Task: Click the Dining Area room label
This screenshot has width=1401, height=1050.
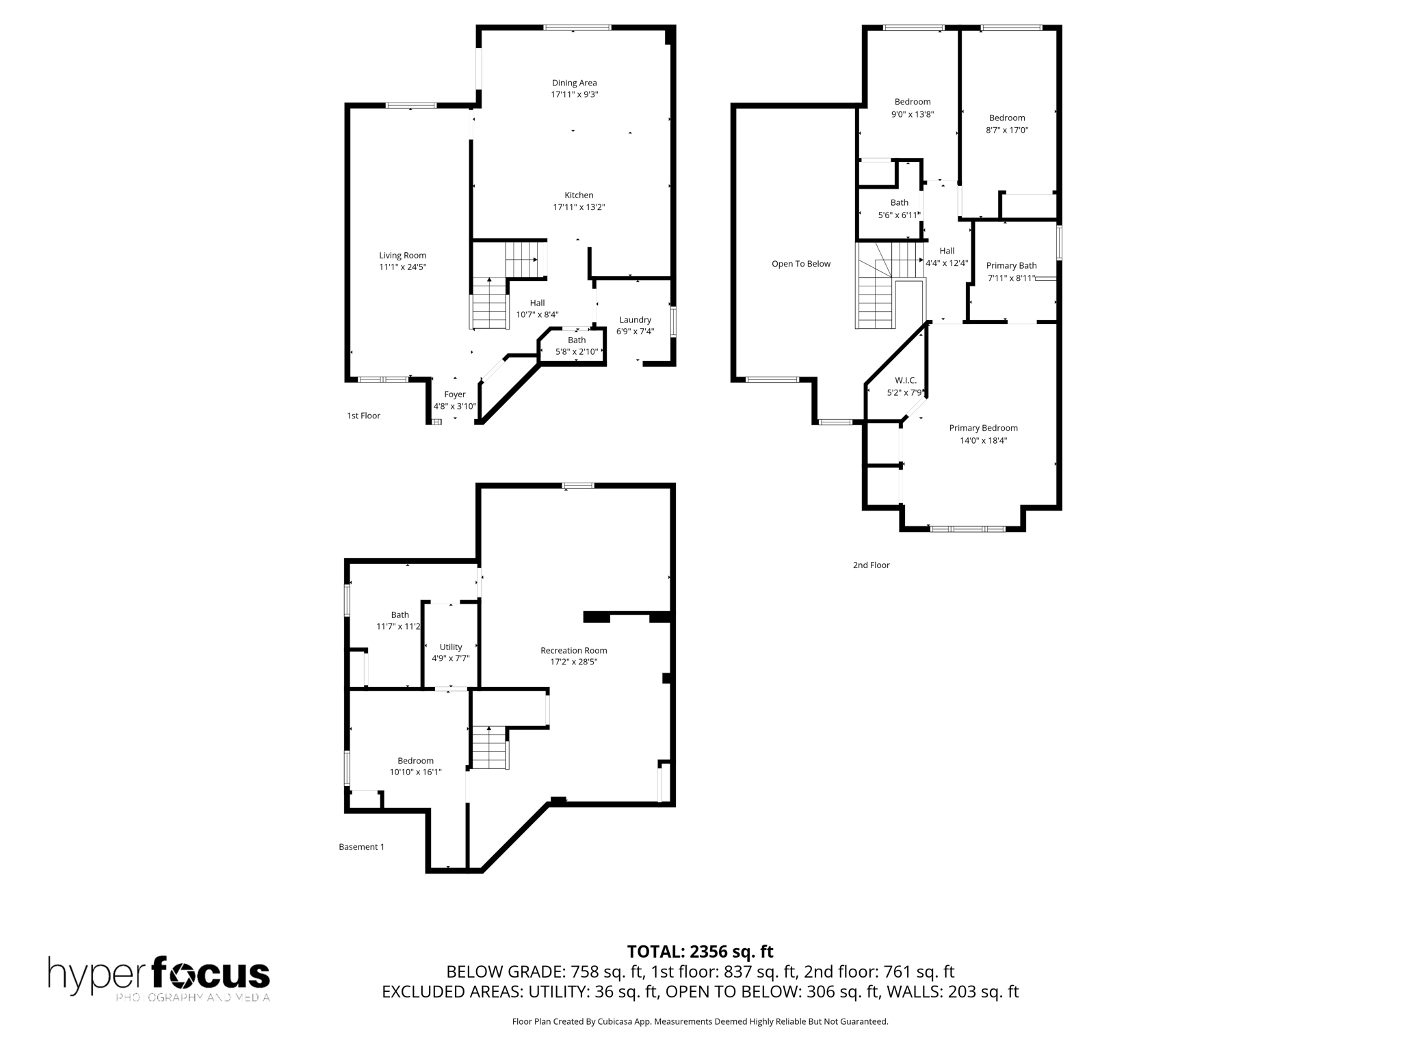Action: coord(574,83)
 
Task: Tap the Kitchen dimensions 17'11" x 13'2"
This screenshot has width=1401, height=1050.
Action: coord(579,207)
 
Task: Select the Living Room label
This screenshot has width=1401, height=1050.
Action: coord(402,255)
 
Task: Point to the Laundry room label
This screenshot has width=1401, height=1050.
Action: coord(635,319)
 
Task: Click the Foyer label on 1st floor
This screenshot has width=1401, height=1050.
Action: coord(454,394)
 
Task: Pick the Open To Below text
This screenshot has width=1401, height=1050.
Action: coord(800,264)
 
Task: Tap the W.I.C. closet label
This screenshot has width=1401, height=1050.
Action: coord(905,381)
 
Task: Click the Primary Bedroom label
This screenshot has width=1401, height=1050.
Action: coord(983,428)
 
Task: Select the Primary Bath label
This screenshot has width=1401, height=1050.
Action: coord(1011,265)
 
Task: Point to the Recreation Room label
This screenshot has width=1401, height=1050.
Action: coord(573,650)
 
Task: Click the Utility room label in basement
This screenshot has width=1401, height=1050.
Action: coord(450,647)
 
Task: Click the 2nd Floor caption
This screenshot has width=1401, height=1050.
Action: coord(870,565)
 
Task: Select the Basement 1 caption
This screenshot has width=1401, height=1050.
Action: coord(361,847)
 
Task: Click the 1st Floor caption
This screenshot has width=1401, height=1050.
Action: coord(363,416)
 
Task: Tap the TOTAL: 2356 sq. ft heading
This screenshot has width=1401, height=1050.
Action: coord(700,952)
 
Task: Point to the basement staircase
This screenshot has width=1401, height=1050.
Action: coord(489,748)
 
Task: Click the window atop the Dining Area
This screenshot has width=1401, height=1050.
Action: coord(577,27)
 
